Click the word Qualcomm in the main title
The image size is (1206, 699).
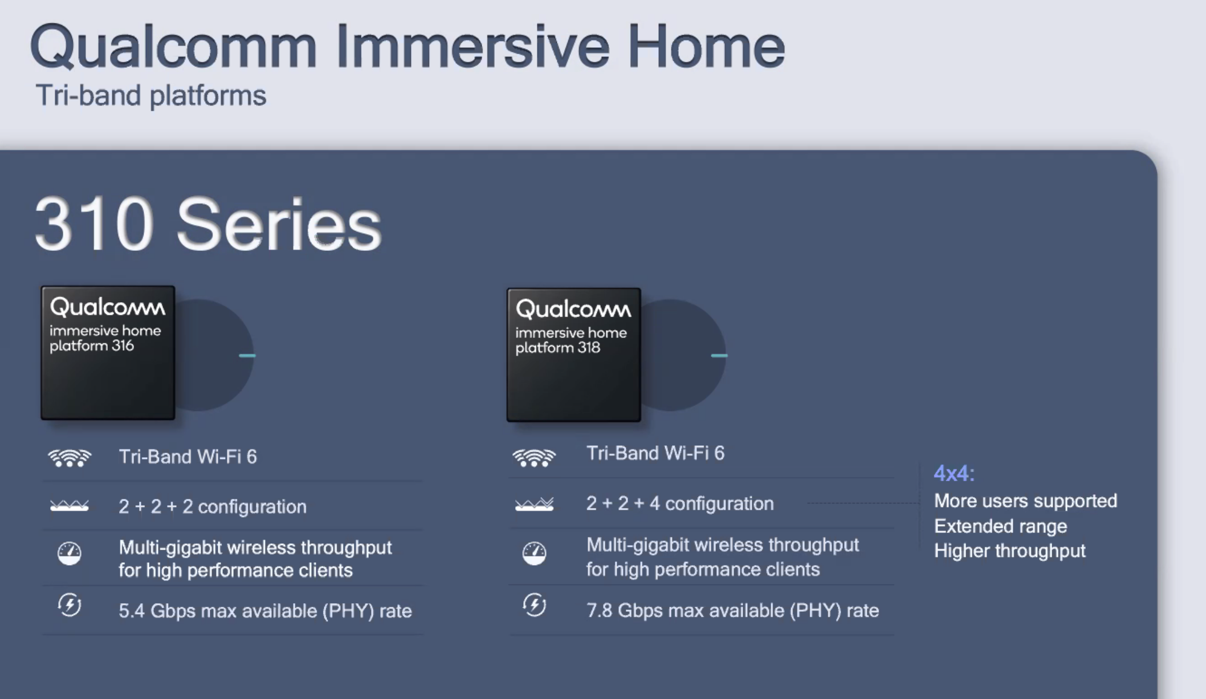coord(173,47)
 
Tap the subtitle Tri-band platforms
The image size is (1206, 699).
coord(151,95)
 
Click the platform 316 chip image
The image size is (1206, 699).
coord(108,353)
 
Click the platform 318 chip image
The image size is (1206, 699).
coord(574,355)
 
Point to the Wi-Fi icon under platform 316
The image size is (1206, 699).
coord(70,458)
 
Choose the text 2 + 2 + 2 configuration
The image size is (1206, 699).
coord(213,506)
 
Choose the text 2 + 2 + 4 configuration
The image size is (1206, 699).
coord(680,503)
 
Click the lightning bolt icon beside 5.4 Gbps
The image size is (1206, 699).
coord(70,605)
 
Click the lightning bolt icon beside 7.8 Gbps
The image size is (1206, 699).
coord(534,605)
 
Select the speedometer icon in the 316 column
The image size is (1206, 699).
coord(70,553)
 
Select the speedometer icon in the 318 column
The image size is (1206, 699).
coord(534,553)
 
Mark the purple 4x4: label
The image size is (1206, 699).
coord(954,473)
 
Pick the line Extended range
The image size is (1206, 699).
coord(1000,526)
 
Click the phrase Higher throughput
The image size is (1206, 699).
coord(1010,551)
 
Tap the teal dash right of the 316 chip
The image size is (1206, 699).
coord(247,355)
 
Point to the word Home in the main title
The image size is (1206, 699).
coord(706,47)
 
